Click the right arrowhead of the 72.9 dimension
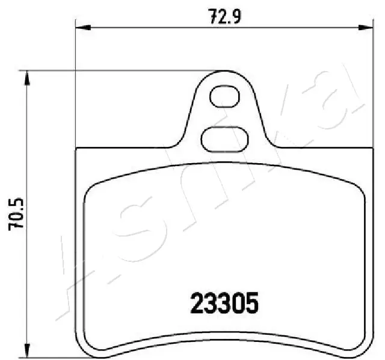click(x=365, y=26)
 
